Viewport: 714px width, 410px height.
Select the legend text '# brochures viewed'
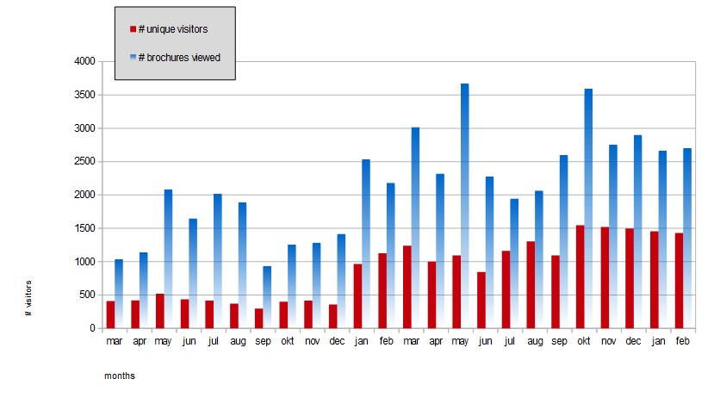(x=179, y=58)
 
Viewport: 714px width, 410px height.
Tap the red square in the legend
(x=133, y=29)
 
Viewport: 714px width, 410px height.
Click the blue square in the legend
(x=133, y=58)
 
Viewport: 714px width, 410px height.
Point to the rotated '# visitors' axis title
(x=28, y=297)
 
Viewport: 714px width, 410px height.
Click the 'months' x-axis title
(x=120, y=376)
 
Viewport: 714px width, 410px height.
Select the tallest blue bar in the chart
(x=464, y=207)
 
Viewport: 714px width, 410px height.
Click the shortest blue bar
(x=267, y=297)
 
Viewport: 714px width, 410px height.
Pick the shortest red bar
(x=258, y=318)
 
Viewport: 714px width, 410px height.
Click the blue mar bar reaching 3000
(x=415, y=228)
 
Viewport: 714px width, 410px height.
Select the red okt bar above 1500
(x=580, y=276)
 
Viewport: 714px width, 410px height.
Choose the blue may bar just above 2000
(x=168, y=258)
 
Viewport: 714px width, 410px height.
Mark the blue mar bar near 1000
(x=119, y=294)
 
